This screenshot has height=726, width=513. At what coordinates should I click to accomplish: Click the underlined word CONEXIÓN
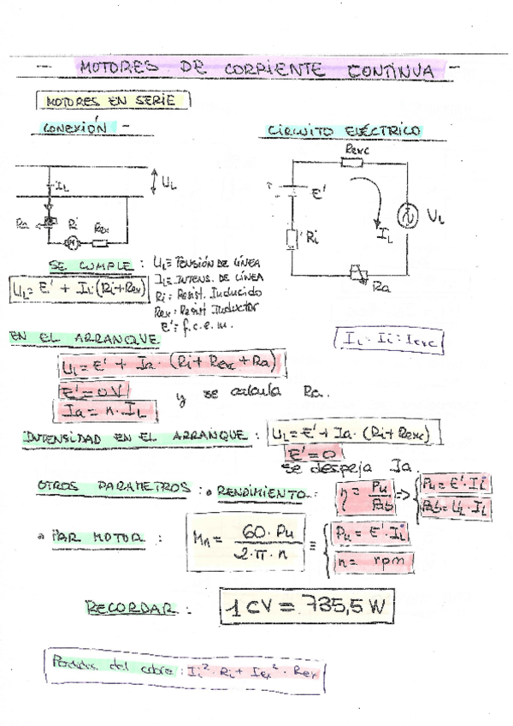pyautogui.click(x=75, y=127)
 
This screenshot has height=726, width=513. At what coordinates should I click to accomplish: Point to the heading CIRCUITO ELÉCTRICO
pyautogui.click(x=344, y=131)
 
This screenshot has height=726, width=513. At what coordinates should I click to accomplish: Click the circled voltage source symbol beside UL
pyautogui.click(x=409, y=212)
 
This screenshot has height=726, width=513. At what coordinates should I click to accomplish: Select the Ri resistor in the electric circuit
pyautogui.click(x=292, y=239)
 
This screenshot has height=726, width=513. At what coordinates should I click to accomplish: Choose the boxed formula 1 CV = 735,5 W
pyautogui.click(x=306, y=609)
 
